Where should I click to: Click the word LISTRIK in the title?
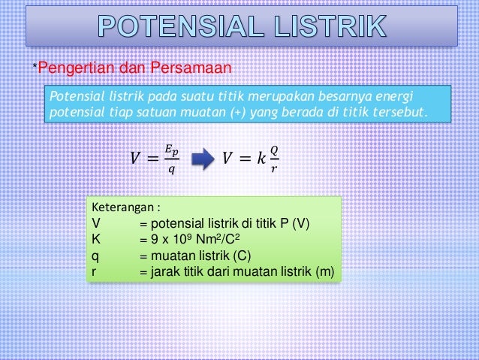325,27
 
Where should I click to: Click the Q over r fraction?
273,158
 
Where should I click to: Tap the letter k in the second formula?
260,158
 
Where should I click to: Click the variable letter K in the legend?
96,239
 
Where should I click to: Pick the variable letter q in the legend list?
95,256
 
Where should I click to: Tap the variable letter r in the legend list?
95,271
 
